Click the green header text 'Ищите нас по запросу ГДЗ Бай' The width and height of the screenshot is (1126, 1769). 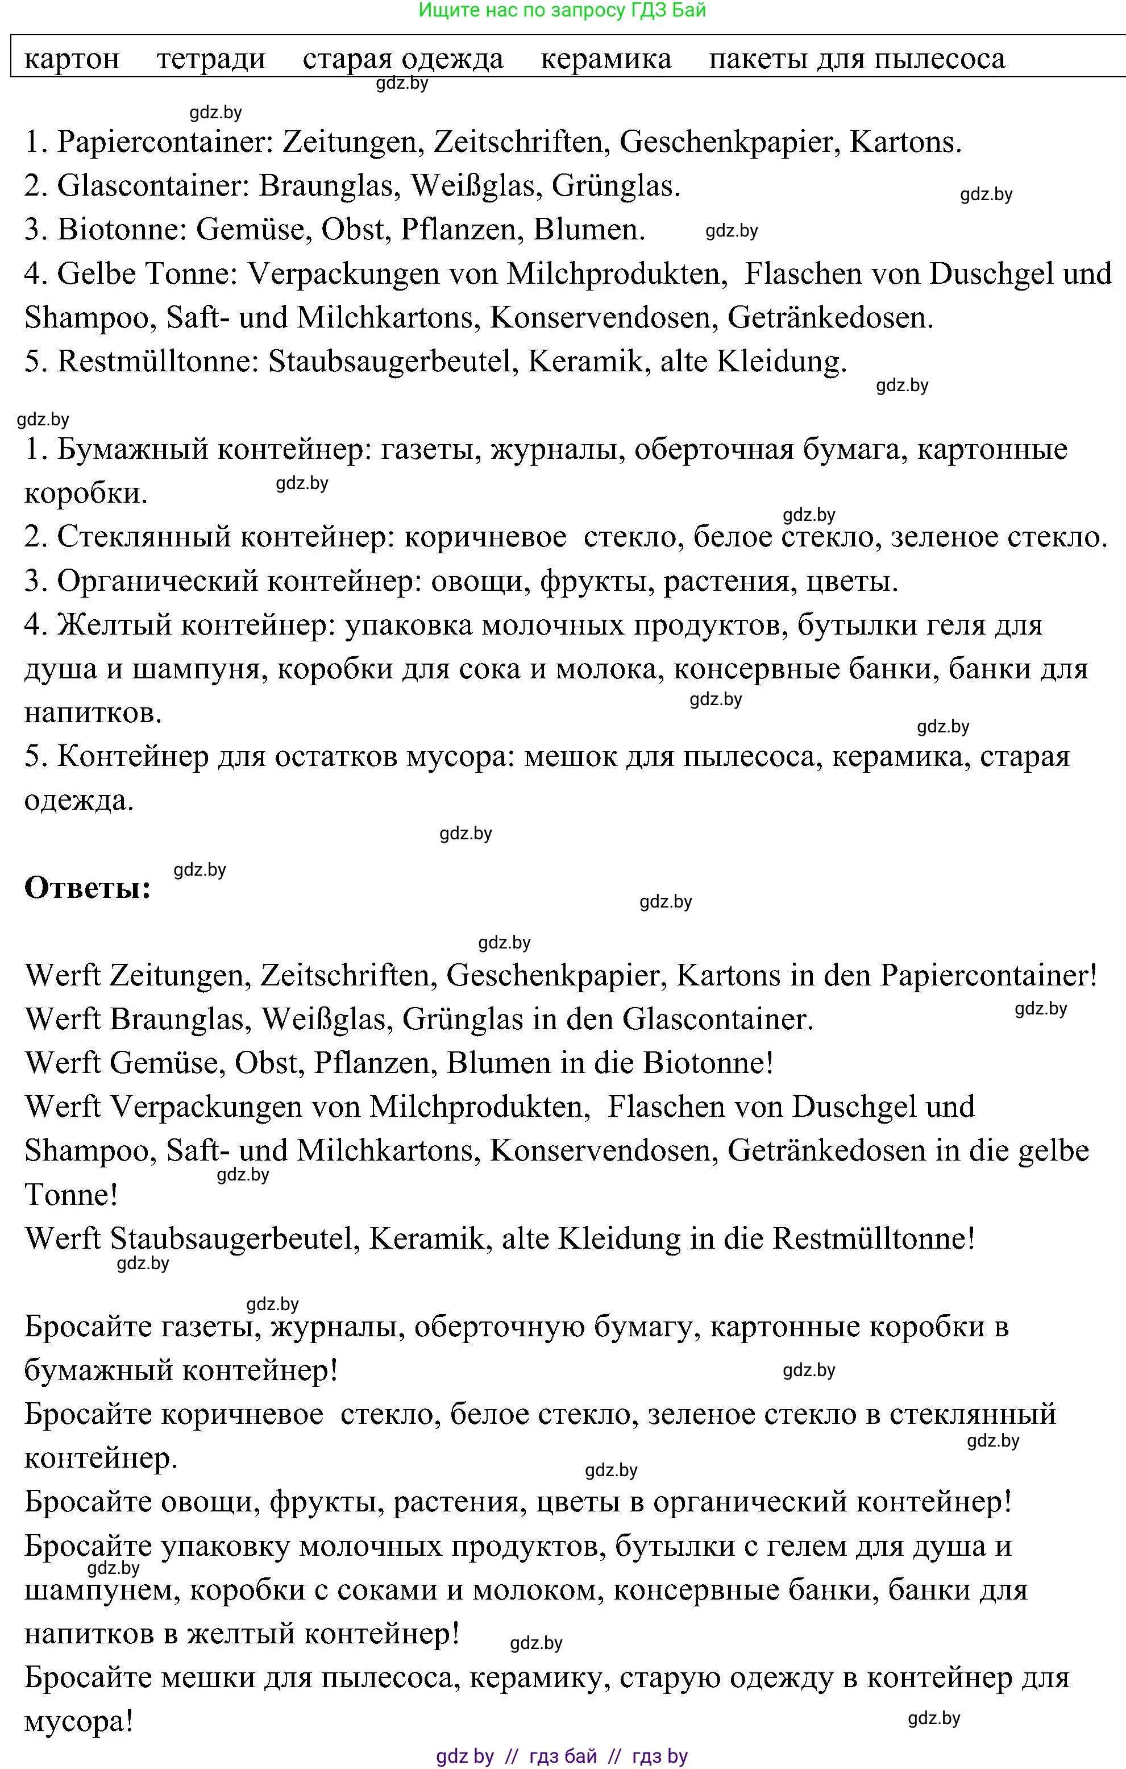[562, 10]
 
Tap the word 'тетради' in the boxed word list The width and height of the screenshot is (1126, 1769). [211, 59]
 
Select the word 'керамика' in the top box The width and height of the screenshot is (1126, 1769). [605, 59]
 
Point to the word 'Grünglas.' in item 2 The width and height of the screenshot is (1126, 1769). [616, 186]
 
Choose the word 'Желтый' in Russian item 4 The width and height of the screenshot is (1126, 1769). [114, 625]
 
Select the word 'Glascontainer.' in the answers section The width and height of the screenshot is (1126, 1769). [718, 1020]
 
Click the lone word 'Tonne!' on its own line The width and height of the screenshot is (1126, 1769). [71, 1195]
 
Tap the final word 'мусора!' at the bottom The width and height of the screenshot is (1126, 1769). [78, 1722]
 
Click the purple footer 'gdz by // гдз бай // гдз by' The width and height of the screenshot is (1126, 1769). [562, 1756]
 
